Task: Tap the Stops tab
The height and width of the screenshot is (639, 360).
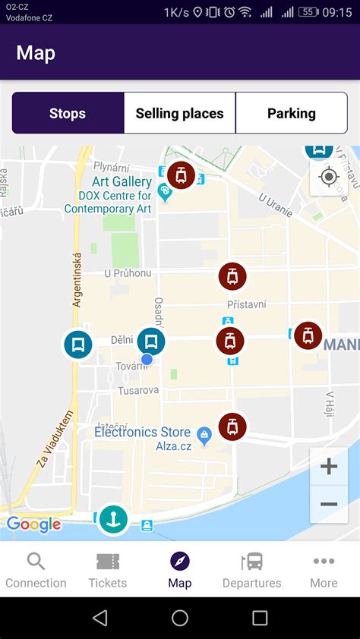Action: click(68, 114)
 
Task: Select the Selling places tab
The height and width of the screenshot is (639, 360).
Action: click(179, 114)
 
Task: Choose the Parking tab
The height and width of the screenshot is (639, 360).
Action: click(291, 114)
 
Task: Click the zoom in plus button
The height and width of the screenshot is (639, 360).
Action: click(329, 466)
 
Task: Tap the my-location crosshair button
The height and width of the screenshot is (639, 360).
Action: click(329, 178)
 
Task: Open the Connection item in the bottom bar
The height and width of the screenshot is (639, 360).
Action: click(36, 571)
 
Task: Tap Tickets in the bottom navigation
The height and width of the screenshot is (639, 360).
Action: click(108, 571)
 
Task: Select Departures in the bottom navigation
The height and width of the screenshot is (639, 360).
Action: click(251, 571)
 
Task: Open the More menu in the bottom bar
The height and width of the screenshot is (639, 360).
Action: click(324, 571)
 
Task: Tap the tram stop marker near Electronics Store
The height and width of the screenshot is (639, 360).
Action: click(232, 427)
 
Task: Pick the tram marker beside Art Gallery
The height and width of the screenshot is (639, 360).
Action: click(181, 175)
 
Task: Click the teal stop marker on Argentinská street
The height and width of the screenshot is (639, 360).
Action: click(77, 345)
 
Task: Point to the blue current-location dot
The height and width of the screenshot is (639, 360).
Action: click(147, 359)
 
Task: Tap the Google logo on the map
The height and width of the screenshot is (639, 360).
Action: click(33, 524)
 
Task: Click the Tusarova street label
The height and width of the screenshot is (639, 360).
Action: click(138, 390)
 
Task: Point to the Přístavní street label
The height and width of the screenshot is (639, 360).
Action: click(246, 304)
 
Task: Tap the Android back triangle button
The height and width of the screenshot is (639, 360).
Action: click(100, 618)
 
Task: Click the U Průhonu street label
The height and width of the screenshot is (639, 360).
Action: click(128, 273)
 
